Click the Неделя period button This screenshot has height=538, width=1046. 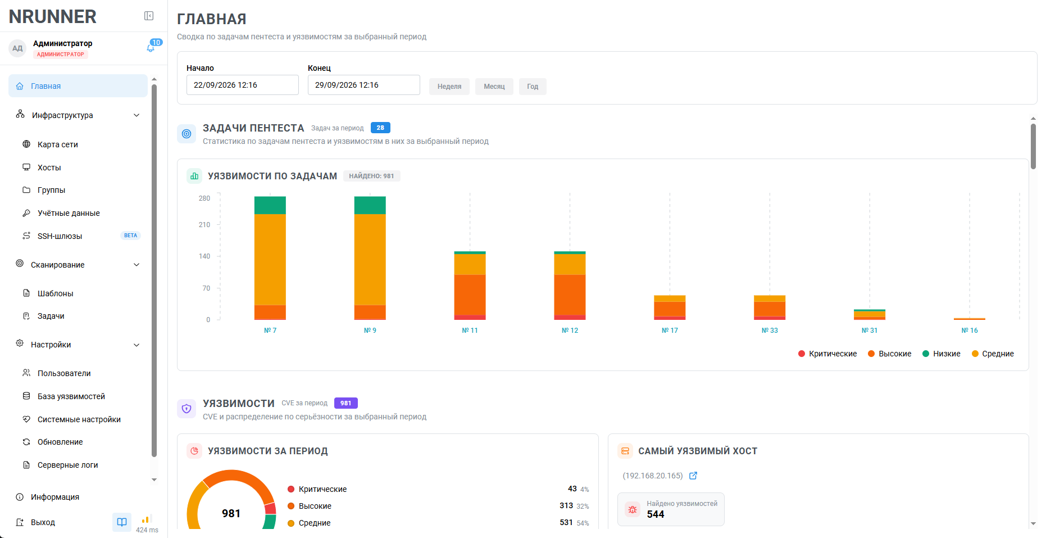[x=449, y=87]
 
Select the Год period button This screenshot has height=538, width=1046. [x=533, y=87]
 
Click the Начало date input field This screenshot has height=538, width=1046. [x=243, y=85]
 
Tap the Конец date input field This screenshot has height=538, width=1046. [x=364, y=85]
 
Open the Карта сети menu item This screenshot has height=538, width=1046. [x=58, y=144]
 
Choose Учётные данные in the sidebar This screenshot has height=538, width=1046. [x=69, y=213]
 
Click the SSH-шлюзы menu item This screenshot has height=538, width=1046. [x=60, y=236]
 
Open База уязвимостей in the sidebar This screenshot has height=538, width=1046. [x=71, y=396]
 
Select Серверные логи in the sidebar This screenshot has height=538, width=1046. [x=67, y=465]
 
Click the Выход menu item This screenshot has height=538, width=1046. [x=43, y=522]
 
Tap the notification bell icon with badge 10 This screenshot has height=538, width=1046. [x=151, y=48]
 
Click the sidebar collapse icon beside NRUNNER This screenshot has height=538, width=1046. [x=149, y=16]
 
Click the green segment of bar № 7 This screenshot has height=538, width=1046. [x=270, y=205]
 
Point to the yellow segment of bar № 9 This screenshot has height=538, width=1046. [x=370, y=260]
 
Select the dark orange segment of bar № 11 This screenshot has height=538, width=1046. [x=470, y=295]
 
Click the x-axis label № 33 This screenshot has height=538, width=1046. [x=770, y=331]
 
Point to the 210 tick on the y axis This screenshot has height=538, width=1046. [x=204, y=225]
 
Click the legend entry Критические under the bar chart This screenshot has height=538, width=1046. [x=827, y=354]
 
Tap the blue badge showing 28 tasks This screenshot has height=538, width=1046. [x=380, y=128]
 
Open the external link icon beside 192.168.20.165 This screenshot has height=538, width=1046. [x=693, y=476]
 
